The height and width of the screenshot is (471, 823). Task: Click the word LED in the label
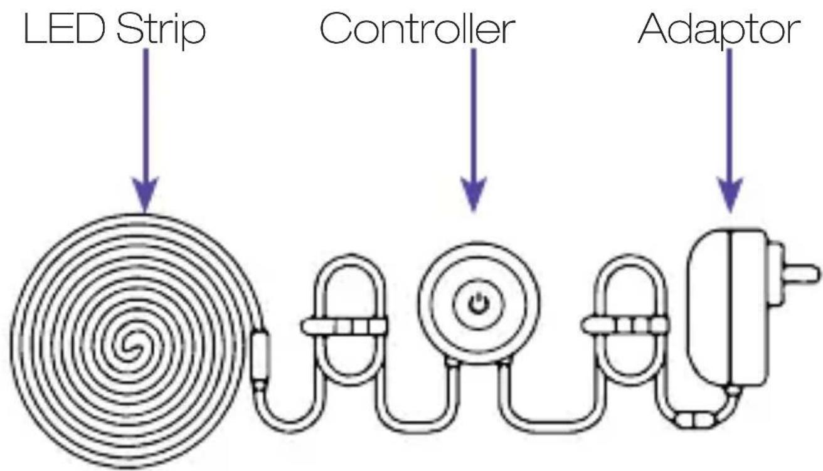pyautogui.click(x=64, y=29)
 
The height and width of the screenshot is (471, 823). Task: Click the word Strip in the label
pyautogui.click(x=161, y=31)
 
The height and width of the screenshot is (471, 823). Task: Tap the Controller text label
pyautogui.click(x=417, y=28)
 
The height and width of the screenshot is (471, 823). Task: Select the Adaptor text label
pyautogui.click(x=719, y=31)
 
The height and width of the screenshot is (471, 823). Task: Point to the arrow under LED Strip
pyautogui.click(x=146, y=130)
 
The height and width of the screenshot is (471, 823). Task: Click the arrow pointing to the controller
pyautogui.click(x=474, y=130)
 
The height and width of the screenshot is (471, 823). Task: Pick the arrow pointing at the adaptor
pyautogui.click(x=730, y=130)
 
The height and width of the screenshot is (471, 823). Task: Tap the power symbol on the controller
pyautogui.click(x=479, y=304)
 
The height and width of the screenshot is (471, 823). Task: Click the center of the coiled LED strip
pyautogui.click(x=129, y=346)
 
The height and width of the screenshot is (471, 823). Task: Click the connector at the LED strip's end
pyautogui.click(x=260, y=356)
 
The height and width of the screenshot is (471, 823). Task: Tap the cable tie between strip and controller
pyautogui.click(x=344, y=326)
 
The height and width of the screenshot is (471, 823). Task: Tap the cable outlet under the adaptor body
pyautogui.click(x=733, y=391)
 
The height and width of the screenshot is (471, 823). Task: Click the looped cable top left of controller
pyautogui.click(x=351, y=260)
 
